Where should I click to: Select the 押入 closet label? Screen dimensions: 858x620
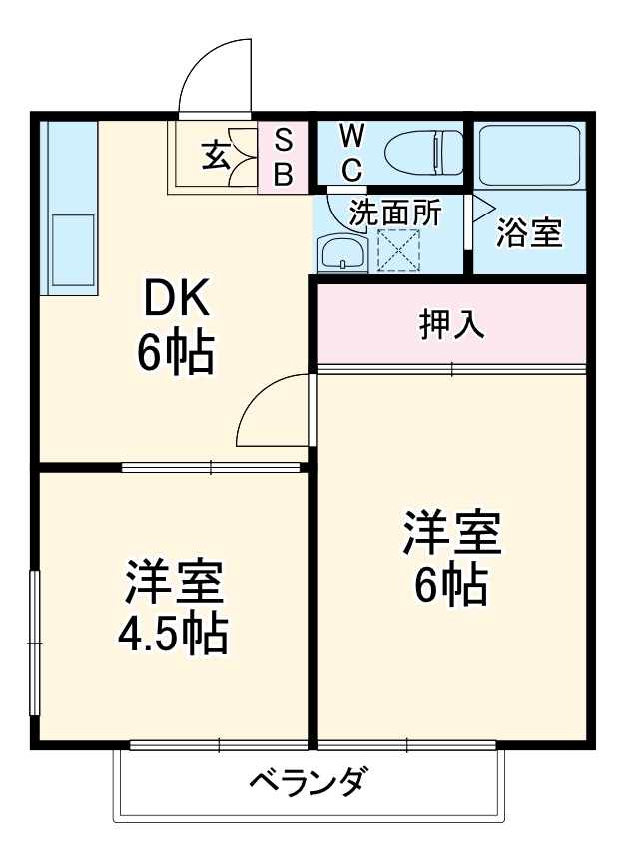[451, 324]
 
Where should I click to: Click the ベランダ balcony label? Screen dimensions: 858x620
[309, 779]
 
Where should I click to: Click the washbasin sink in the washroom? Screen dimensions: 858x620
[342, 254]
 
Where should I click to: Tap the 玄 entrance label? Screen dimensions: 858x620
[216, 155]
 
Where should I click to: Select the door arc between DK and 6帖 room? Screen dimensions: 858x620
[273, 410]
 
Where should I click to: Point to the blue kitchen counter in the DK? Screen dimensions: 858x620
[68, 207]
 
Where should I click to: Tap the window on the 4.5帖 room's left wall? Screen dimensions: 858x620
[34, 643]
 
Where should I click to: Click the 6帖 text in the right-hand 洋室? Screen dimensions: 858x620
[451, 585]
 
